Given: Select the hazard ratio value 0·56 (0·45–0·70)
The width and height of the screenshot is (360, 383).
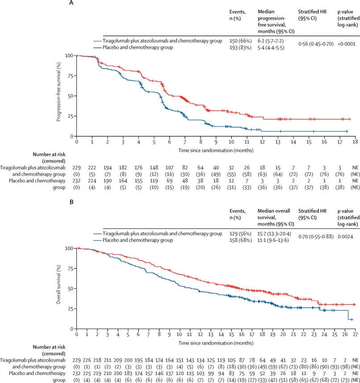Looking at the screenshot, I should [316, 44].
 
